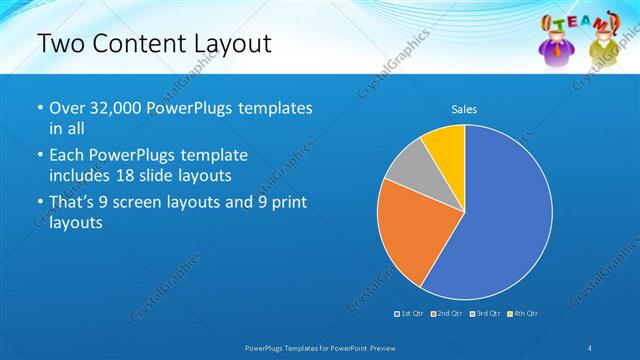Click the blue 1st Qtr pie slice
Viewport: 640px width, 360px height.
pos(505,220)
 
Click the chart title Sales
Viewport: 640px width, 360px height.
pos(464,108)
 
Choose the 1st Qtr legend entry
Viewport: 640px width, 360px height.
pos(411,314)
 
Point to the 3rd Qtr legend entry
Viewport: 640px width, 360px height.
pos(485,314)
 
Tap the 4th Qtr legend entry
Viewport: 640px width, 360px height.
pos(523,314)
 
